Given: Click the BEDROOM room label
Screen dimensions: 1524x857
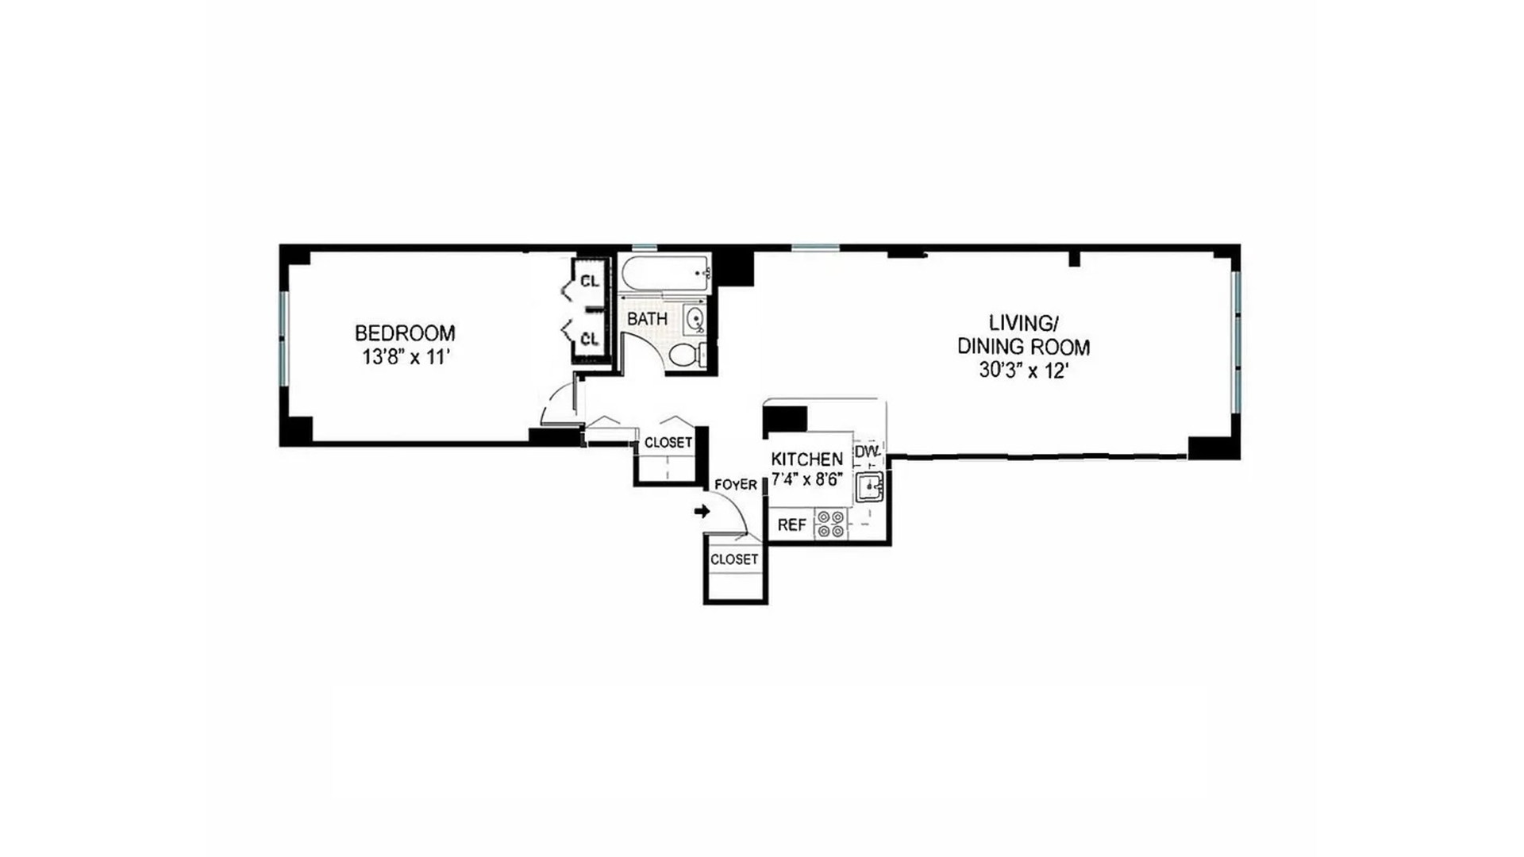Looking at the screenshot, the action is pyautogui.click(x=405, y=332).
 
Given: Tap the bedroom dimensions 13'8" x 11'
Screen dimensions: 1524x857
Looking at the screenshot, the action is pyautogui.click(x=406, y=357).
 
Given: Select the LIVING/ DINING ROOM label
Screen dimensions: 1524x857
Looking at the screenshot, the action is pyautogui.click(x=1023, y=335).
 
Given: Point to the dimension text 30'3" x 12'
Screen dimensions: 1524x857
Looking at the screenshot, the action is pyautogui.click(x=1023, y=371).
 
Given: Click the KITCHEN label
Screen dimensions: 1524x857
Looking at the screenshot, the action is pyautogui.click(x=807, y=459).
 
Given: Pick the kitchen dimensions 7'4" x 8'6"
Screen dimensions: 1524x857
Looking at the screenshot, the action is pyautogui.click(x=807, y=479).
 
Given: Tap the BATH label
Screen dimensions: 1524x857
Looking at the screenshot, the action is pyautogui.click(x=647, y=319).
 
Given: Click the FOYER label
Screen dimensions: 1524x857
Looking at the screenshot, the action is pyautogui.click(x=736, y=485).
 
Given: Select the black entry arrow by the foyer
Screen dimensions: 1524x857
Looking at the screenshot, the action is pyautogui.click(x=702, y=511).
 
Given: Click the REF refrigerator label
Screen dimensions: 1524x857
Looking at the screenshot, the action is pyautogui.click(x=792, y=525).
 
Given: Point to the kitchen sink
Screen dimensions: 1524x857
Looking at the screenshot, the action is pyautogui.click(x=870, y=486).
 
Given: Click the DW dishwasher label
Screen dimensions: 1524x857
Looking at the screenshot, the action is pyautogui.click(x=867, y=452).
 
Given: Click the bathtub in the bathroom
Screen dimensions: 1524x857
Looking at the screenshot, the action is pyautogui.click(x=665, y=274).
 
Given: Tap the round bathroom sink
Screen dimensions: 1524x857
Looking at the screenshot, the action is pyautogui.click(x=695, y=320).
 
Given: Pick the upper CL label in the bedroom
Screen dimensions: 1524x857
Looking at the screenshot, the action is pyautogui.click(x=590, y=281).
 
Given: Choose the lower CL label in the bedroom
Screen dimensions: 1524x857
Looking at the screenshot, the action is pyautogui.click(x=590, y=340).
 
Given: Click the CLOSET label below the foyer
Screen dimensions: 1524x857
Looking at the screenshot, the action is pyautogui.click(x=734, y=559).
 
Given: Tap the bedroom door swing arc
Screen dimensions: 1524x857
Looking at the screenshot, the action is pyautogui.click(x=552, y=397).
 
